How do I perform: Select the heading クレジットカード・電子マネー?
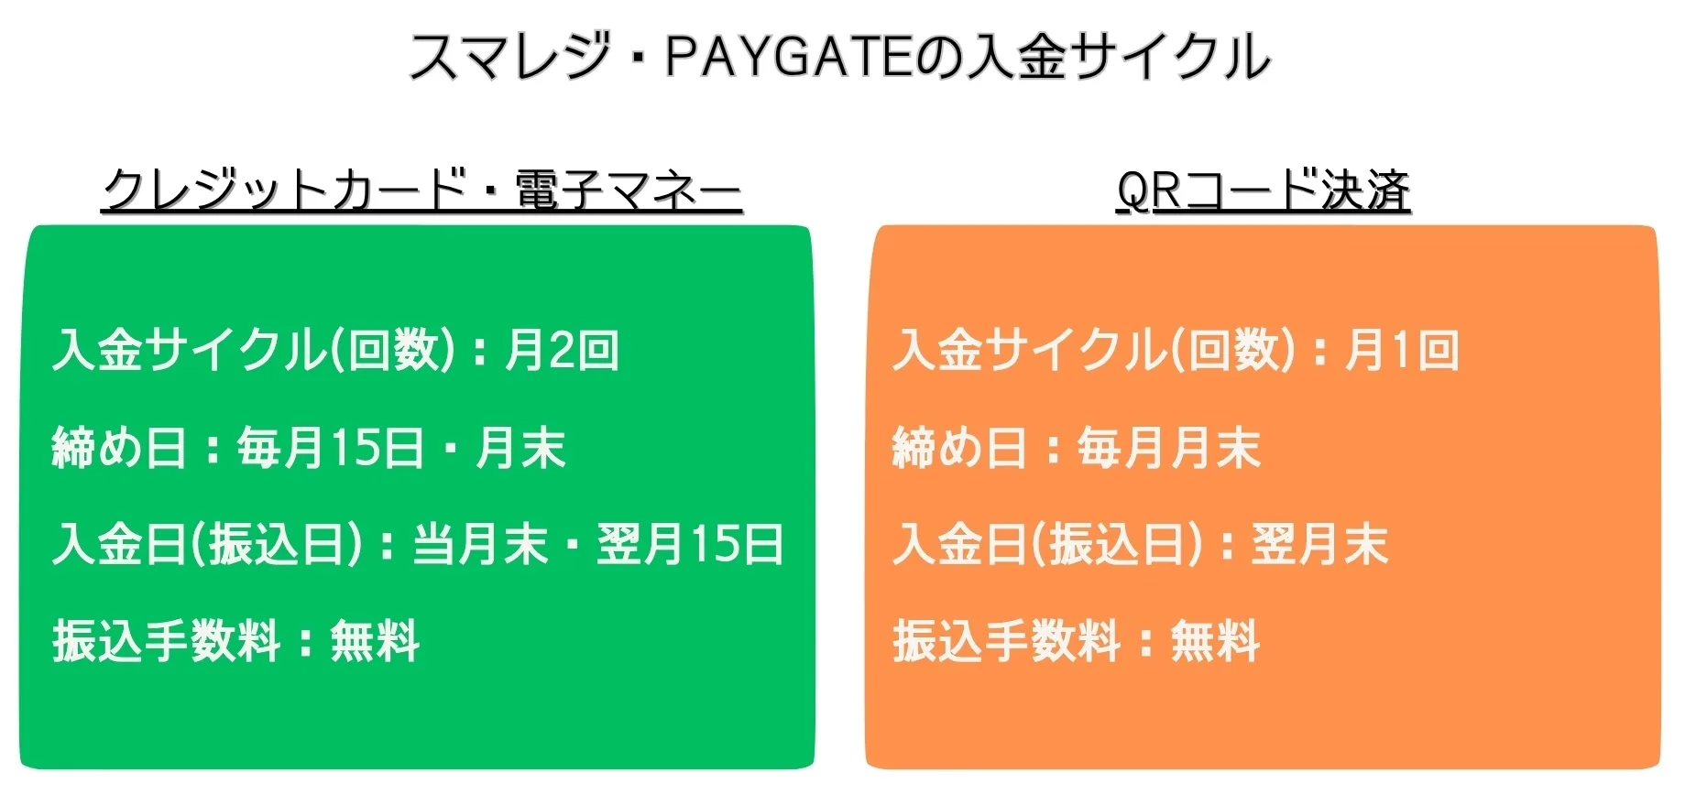421,190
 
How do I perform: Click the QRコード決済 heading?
1263,190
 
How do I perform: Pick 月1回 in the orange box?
1401,350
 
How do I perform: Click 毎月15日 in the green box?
331,448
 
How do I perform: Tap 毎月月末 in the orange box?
1168,448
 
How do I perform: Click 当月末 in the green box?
480,544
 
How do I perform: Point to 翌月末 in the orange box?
1319,544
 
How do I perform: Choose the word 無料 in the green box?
375,640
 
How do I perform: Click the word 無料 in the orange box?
1215,640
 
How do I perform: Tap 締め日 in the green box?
119,448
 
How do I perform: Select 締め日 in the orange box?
959,448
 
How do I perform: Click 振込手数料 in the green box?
166,640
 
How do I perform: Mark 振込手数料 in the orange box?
1006,640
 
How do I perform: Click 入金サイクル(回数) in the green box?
254,350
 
